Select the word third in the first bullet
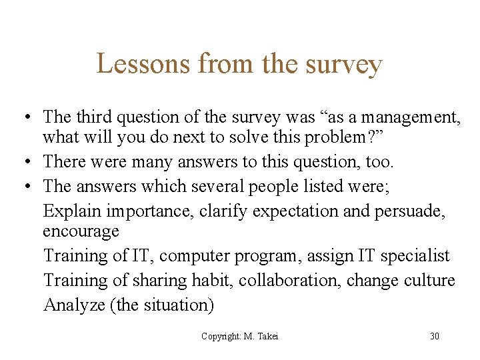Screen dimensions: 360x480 (x=93, y=117)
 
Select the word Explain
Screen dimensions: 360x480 (x=71, y=211)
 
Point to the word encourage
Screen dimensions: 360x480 (x=81, y=232)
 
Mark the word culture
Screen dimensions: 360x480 (x=429, y=280)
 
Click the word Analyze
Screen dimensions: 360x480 (x=73, y=305)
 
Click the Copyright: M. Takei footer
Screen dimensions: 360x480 (x=240, y=336)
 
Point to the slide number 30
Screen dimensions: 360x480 (x=435, y=336)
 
